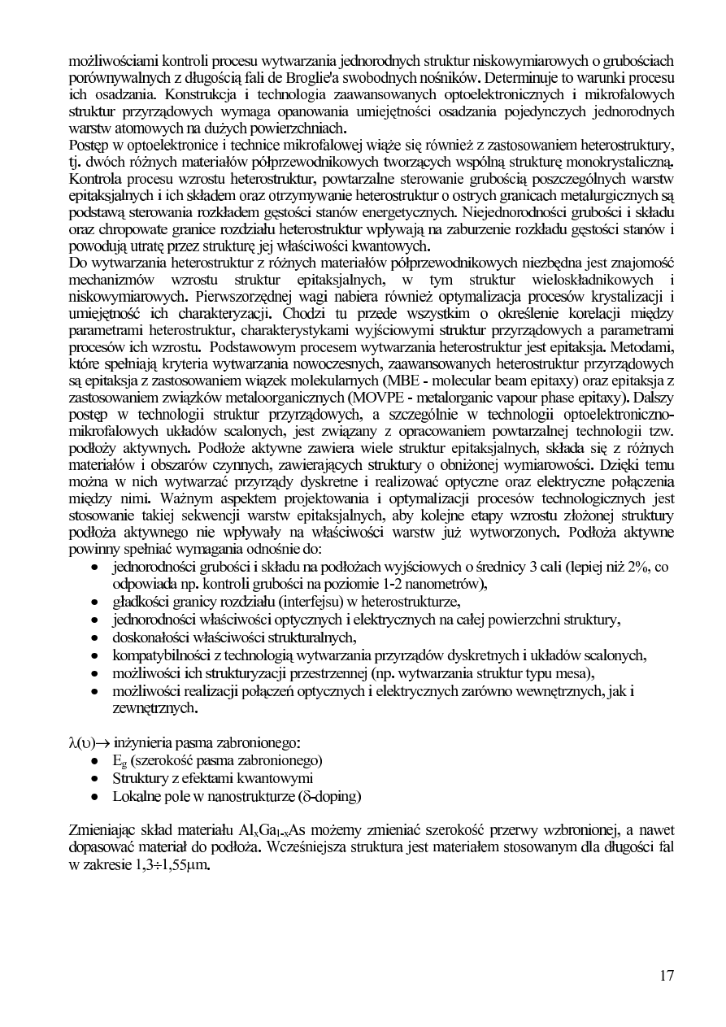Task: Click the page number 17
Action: click(x=667, y=976)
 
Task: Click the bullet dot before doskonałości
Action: click(x=96, y=638)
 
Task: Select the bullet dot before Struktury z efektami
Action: click(x=96, y=778)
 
